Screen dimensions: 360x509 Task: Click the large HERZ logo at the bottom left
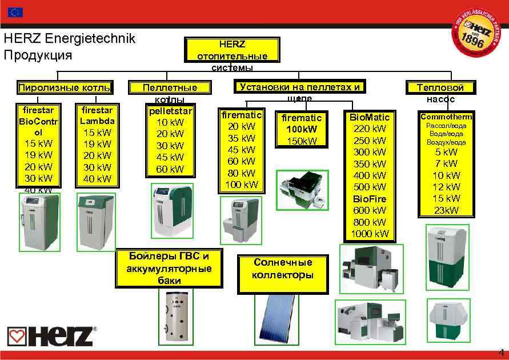(52, 336)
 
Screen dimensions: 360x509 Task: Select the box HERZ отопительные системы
(232, 53)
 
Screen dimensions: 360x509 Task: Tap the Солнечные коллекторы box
(283, 269)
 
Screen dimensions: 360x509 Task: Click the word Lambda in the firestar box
(97, 121)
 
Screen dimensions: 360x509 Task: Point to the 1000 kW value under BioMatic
(370, 233)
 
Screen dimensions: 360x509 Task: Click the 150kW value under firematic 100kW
(302, 141)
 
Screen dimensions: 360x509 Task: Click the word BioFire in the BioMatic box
(370, 198)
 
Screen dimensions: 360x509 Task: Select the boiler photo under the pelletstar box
(171, 210)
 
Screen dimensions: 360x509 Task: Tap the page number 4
(501, 352)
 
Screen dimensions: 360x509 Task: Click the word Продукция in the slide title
(38, 55)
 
